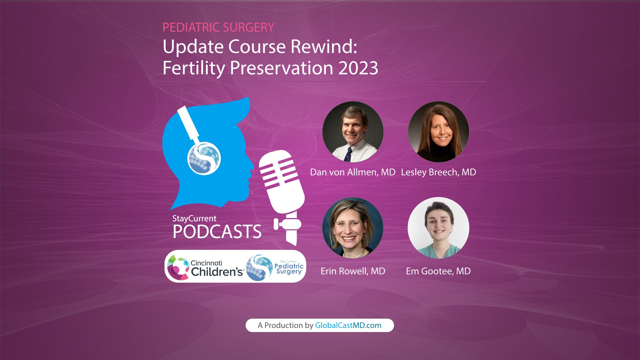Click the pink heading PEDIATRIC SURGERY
[x=218, y=27]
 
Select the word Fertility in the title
[x=194, y=68]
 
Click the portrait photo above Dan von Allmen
[x=353, y=132]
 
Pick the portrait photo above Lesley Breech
[x=438, y=132]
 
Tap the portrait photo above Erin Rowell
[x=353, y=228]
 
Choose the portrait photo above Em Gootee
[x=438, y=228]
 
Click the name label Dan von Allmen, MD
[x=352, y=172]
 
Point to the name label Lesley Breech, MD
[x=438, y=172]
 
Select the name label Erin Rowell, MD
[x=353, y=271]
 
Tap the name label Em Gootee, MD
[x=438, y=271]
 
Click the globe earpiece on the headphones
[x=204, y=158]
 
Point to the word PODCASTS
[x=217, y=232]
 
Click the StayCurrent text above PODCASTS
[x=194, y=218]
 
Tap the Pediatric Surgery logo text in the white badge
[x=289, y=268]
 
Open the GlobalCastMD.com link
[x=348, y=325]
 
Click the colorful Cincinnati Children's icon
[x=178, y=267]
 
